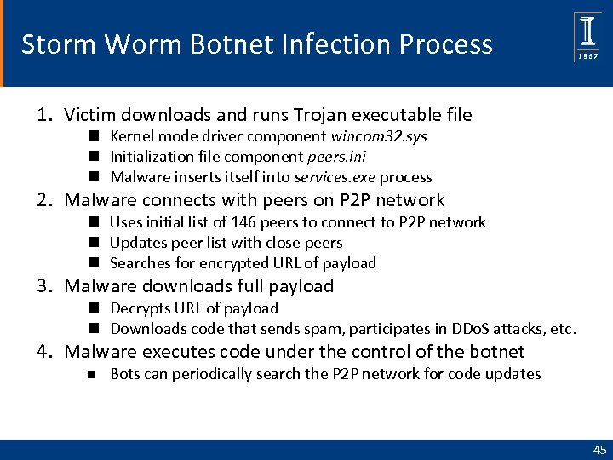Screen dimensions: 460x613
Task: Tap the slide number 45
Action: (x=599, y=450)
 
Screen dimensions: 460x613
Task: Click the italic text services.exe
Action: (x=335, y=178)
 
